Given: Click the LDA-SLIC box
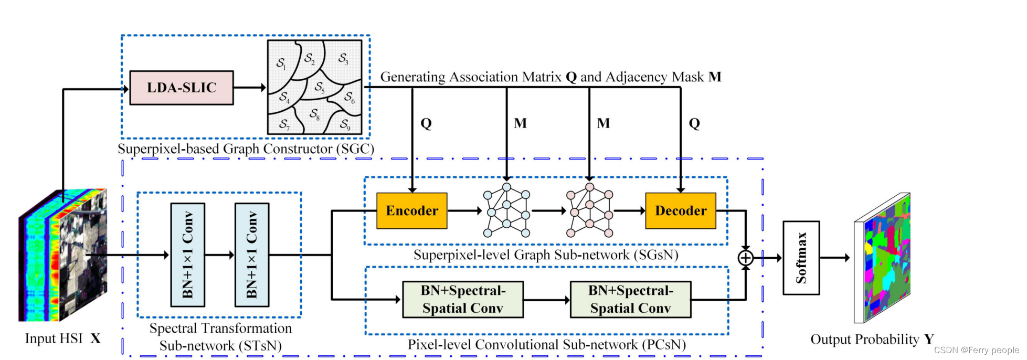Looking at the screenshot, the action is (182, 88).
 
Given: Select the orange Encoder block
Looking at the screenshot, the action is (412, 210).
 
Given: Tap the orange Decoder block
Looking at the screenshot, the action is (681, 210).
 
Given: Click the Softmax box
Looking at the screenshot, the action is (801, 258).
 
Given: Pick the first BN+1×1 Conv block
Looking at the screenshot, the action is (188, 255).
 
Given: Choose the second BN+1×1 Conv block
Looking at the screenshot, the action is (252, 255).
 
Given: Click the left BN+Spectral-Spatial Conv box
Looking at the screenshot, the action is (463, 300).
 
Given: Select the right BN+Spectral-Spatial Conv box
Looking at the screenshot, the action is (631, 300).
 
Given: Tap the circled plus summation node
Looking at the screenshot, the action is (746, 258).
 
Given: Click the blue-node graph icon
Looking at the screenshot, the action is (506, 210).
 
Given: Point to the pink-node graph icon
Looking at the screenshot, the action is (590, 210).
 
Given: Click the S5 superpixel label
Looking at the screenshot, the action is (320, 87).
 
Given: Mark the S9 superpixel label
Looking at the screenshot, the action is (345, 124).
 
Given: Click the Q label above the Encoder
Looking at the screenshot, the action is (426, 124).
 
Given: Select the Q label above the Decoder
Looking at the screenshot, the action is (694, 124).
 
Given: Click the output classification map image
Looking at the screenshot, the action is (882, 258).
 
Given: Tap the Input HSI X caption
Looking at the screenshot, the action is (63, 338).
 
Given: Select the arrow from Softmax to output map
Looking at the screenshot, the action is (835, 258).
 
